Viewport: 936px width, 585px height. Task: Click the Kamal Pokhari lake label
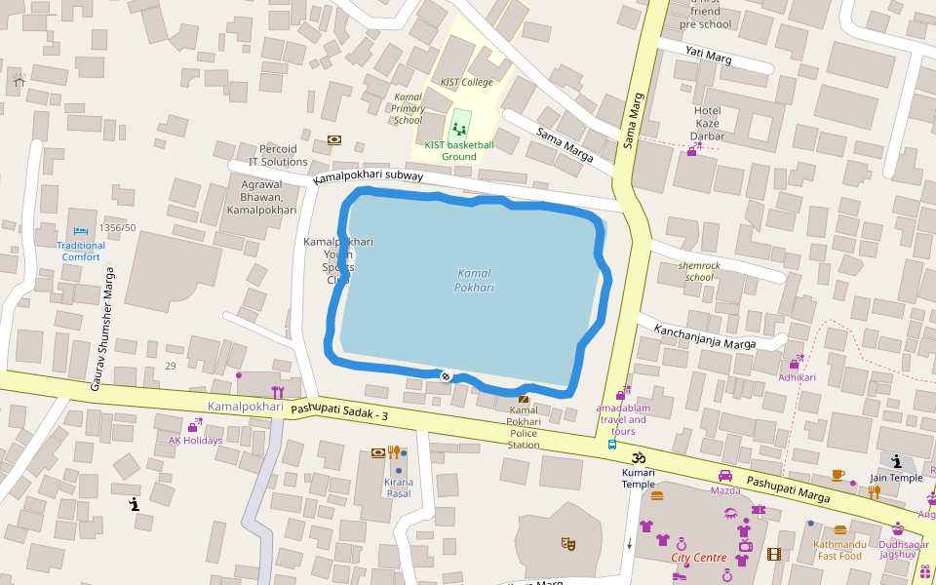pos(475,280)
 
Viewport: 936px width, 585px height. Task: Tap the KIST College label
pos(467,82)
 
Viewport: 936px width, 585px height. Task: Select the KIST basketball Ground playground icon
pos(458,129)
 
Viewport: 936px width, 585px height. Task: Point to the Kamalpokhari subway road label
pos(369,177)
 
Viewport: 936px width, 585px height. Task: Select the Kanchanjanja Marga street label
pos(705,336)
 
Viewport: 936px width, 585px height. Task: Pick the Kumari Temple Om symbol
pos(640,456)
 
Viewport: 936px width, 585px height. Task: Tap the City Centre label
pos(699,558)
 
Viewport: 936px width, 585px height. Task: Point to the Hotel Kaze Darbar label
pos(707,123)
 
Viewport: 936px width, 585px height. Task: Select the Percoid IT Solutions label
pos(278,155)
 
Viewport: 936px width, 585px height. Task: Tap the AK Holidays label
pos(195,440)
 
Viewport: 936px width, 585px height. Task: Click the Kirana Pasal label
pos(399,487)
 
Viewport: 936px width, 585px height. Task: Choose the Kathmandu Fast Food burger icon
pos(840,530)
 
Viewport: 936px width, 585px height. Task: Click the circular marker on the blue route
pos(446,376)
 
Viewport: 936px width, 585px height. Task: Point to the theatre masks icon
pos(567,541)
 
